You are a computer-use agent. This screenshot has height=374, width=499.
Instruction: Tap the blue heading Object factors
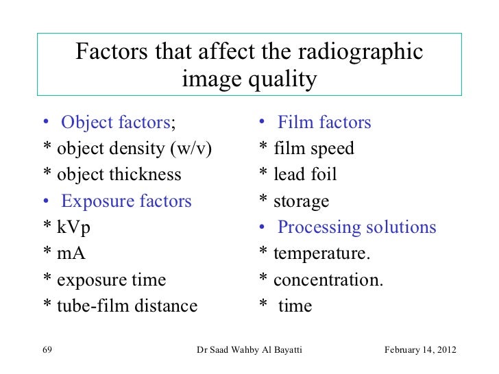pyautogui.click(x=115, y=123)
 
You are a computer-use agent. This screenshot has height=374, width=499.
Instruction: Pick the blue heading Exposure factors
pyautogui.click(x=126, y=201)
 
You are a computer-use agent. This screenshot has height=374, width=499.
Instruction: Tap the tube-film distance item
pyautogui.click(x=127, y=306)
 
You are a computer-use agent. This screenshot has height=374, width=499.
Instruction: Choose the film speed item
pyautogui.click(x=313, y=149)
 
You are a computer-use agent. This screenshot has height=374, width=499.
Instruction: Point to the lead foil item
pyautogui.click(x=305, y=175)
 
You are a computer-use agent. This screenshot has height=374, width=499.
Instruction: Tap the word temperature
pyautogui.click(x=321, y=254)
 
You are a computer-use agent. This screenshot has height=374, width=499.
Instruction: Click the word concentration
pyautogui.click(x=328, y=280)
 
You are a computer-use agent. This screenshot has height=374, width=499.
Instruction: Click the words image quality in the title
pyautogui.click(x=249, y=81)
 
